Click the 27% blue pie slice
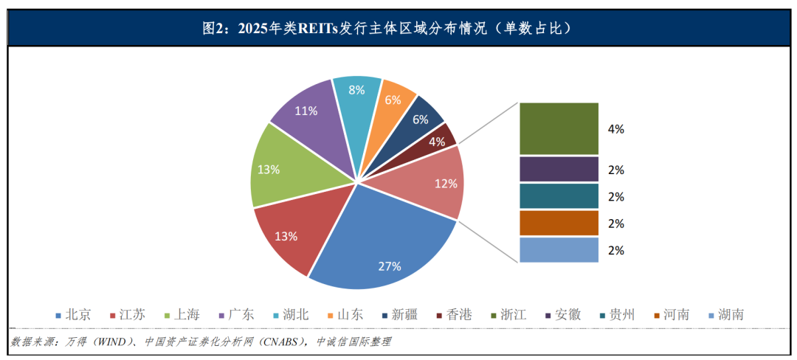tap(384, 243)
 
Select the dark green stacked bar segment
tap(559, 128)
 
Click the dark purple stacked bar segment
tap(559, 169)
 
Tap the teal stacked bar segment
tap(559, 196)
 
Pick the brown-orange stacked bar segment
tap(559, 223)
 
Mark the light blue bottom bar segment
tap(559, 249)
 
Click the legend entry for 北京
tap(74, 315)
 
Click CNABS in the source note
tap(275, 342)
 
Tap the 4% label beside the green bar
tap(615, 129)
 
